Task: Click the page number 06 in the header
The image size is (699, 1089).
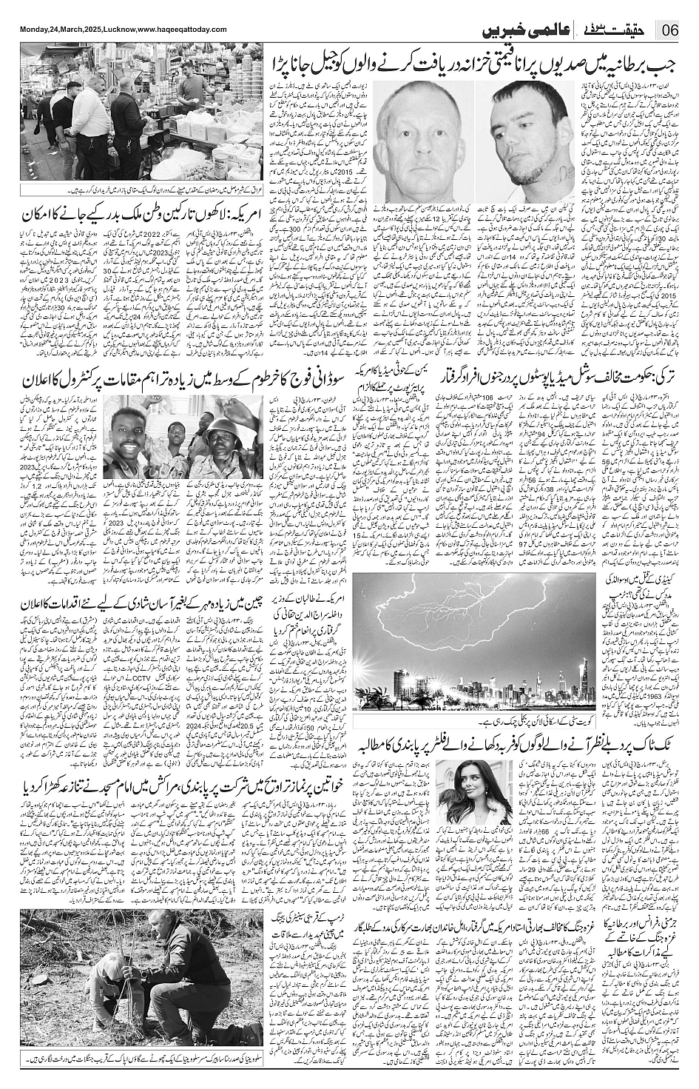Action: click(672, 32)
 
